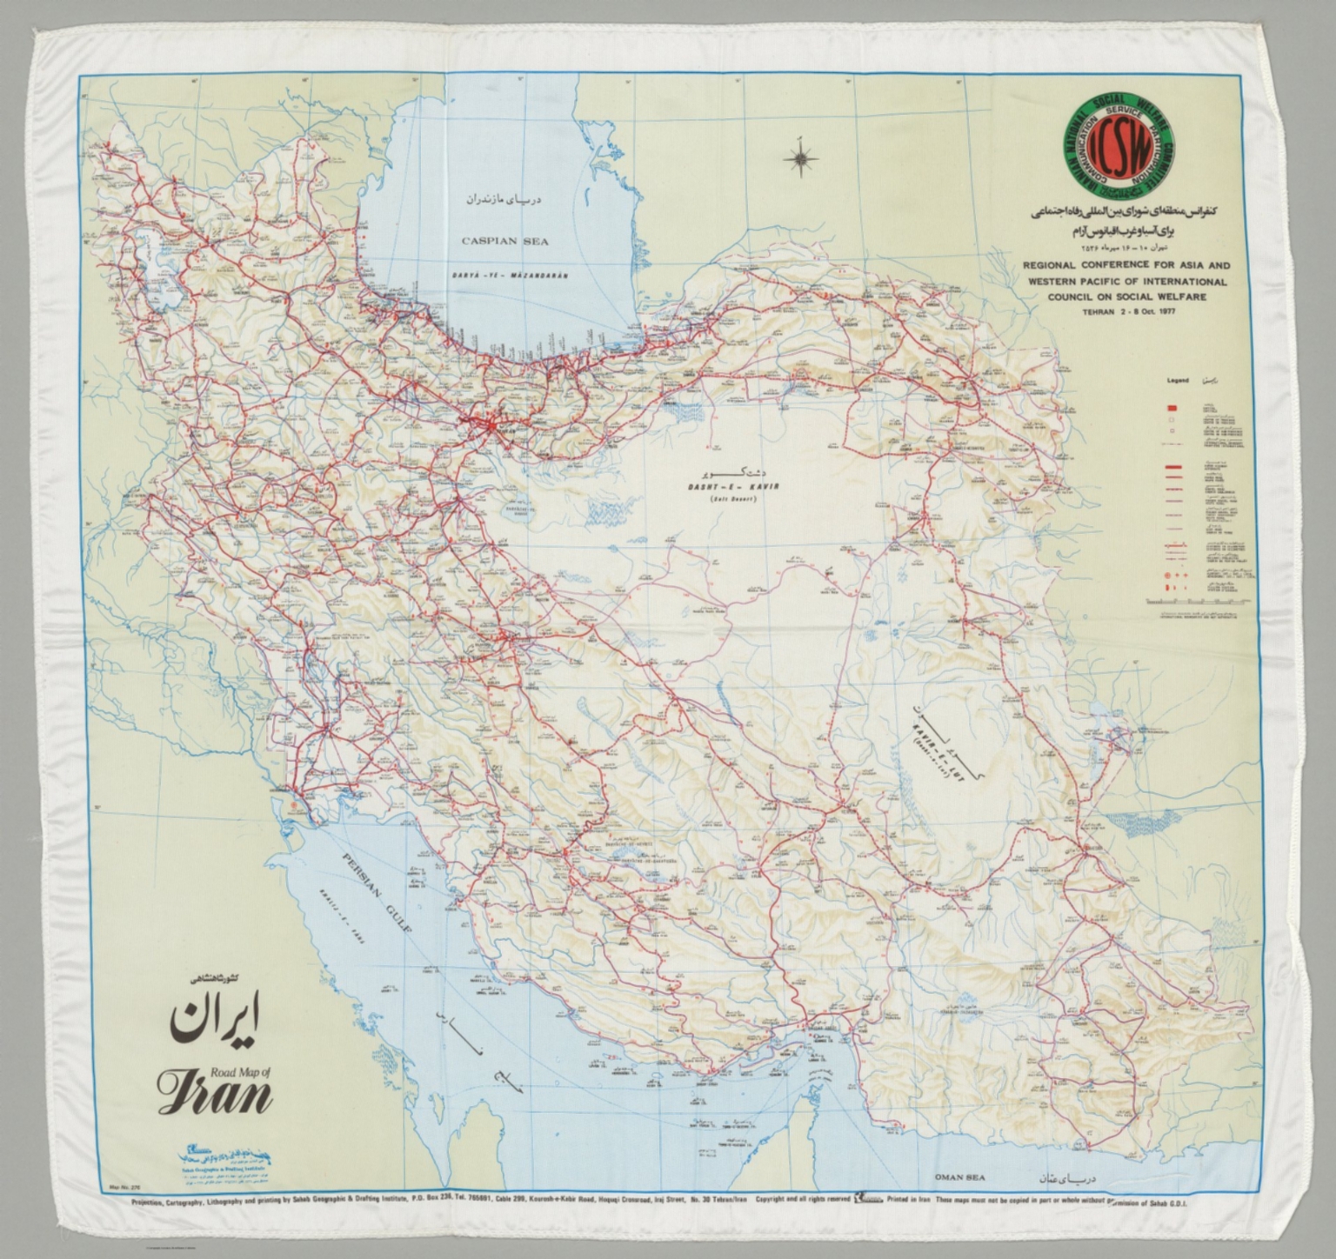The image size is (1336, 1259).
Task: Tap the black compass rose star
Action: (x=798, y=158)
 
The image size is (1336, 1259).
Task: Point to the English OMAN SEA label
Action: (x=959, y=1177)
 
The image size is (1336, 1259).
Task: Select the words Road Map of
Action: (x=242, y=1072)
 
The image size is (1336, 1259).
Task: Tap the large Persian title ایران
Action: (x=215, y=1022)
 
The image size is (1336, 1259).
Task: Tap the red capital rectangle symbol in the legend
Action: (x=1172, y=408)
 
